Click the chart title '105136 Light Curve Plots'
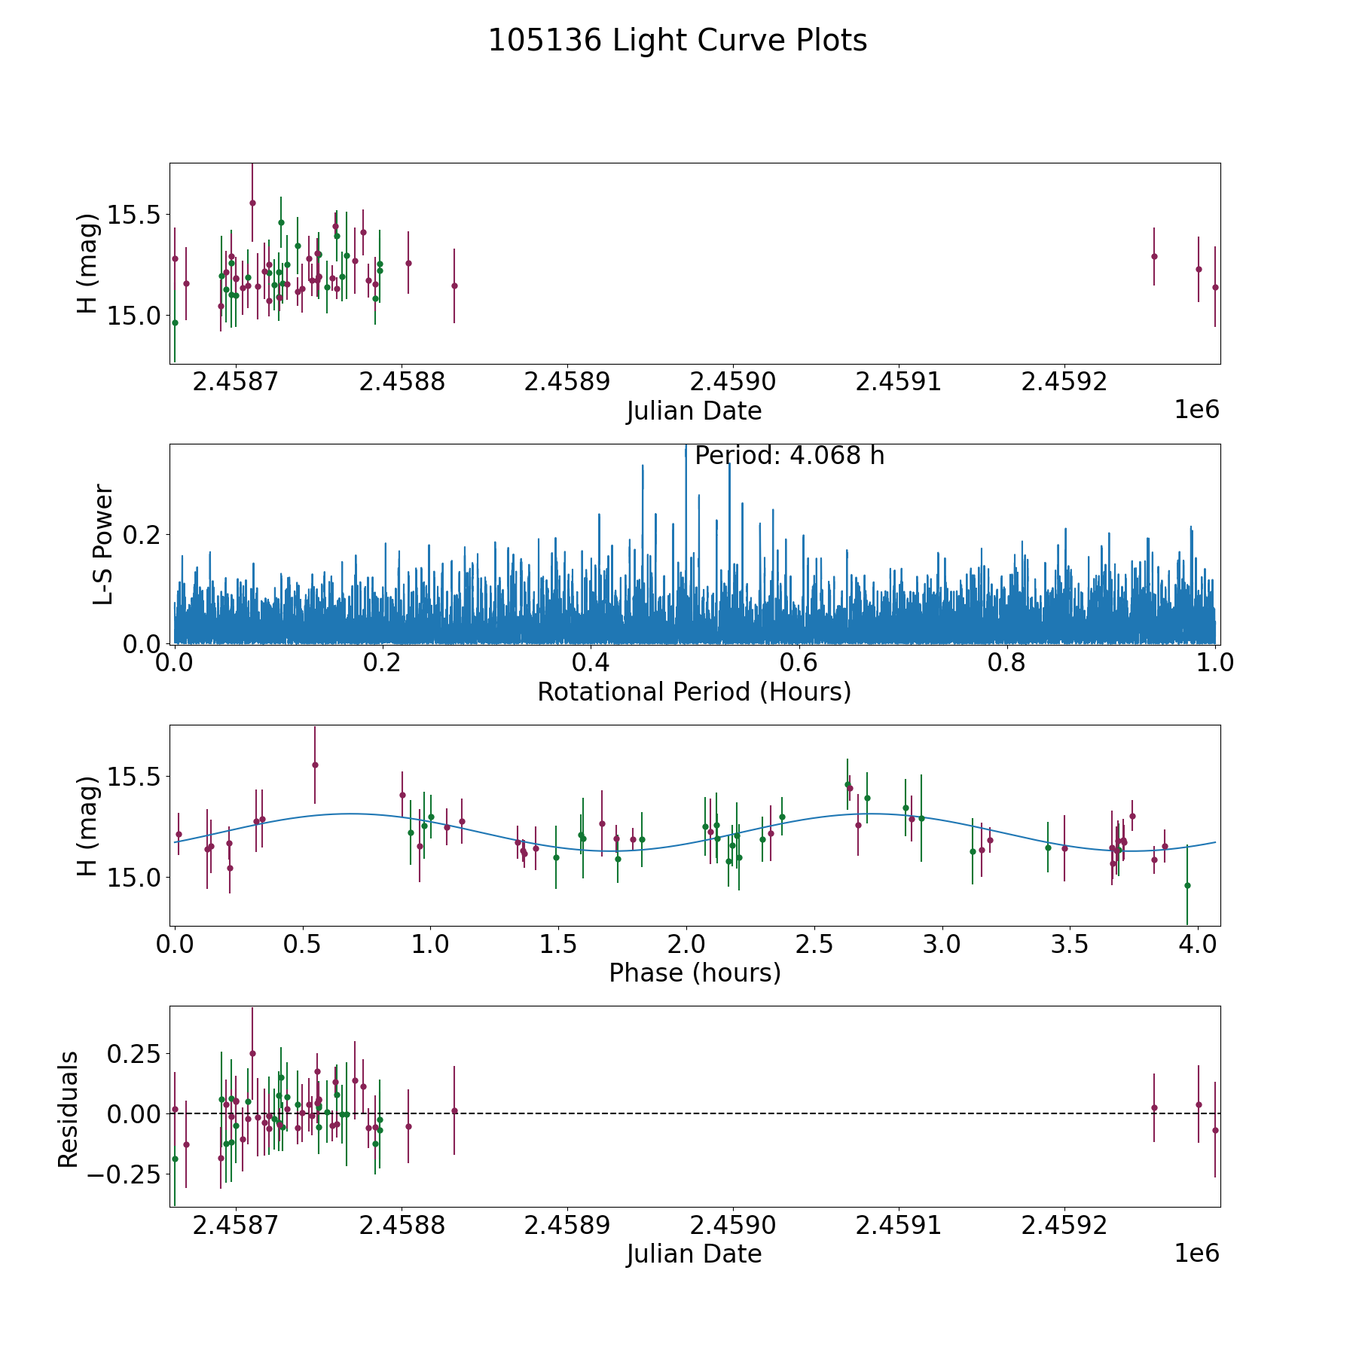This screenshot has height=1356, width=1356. [x=677, y=41]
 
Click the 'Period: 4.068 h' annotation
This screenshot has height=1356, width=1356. [x=789, y=456]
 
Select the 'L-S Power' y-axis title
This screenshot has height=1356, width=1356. [x=103, y=544]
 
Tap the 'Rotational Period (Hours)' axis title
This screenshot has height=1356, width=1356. [x=694, y=692]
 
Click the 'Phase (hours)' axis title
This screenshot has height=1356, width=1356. [x=695, y=973]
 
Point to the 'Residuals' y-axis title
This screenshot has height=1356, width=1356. [x=69, y=1109]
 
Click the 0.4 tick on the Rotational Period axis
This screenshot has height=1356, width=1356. [x=591, y=663]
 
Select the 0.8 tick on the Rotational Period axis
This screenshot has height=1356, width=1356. [x=1007, y=663]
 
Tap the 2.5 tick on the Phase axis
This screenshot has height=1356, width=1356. [x=814, y=945]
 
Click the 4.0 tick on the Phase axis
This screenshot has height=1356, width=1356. [x=1196, y=945]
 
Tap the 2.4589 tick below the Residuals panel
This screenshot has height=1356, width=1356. [x=567, y=1226]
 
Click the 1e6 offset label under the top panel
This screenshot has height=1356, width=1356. [x=1196, y=411]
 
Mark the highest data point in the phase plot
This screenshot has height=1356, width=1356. [x=315, y=765]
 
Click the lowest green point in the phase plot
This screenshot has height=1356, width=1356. [x=1187, y=885]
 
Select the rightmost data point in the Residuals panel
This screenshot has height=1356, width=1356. [x=1215, y=1130]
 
